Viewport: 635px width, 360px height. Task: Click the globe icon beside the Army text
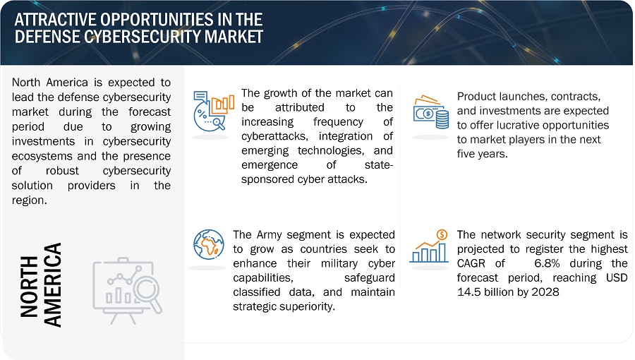coord(209,244)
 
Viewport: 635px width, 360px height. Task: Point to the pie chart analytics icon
coord(213,111)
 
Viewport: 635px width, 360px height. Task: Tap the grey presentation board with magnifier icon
coord(127,290)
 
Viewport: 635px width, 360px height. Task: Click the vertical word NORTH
coord(29,286)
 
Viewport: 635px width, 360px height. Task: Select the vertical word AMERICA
coord(53,284)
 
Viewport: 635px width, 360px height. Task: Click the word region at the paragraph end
coord(29,200)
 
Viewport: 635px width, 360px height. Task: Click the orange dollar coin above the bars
coord(442,234)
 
